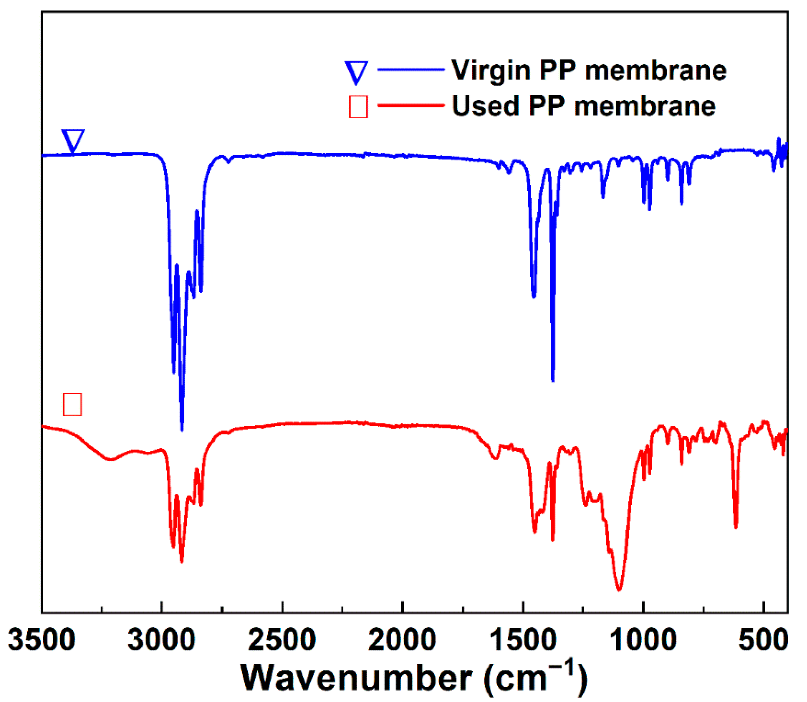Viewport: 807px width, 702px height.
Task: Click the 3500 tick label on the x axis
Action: (x=41, y=640)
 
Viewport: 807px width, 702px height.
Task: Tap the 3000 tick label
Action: (x=161, y=640)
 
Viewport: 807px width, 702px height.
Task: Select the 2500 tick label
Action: (x=282, y=640)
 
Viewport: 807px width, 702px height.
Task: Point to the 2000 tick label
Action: (x=402, y=640)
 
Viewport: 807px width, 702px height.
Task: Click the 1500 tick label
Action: (x=523, y=640)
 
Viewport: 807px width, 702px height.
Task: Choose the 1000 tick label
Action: (x=643, y=640)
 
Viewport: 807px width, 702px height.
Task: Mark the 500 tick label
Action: (x=764, y=640)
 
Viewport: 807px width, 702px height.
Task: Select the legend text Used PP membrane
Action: (x=583, y=106)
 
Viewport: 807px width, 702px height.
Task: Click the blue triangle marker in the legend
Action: (x=356, y=72)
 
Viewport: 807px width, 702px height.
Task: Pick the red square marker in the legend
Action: (x=358, y=106)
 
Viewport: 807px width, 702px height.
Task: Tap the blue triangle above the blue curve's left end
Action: (x=73, y=140)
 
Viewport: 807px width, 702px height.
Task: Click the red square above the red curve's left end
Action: (x=72, y=404)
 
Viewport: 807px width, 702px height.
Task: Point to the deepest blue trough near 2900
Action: (x=182, y=429)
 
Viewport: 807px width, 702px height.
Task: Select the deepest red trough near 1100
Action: (x=619, y=589)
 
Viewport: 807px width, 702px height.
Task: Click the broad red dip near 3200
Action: (x=111, y=459)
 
